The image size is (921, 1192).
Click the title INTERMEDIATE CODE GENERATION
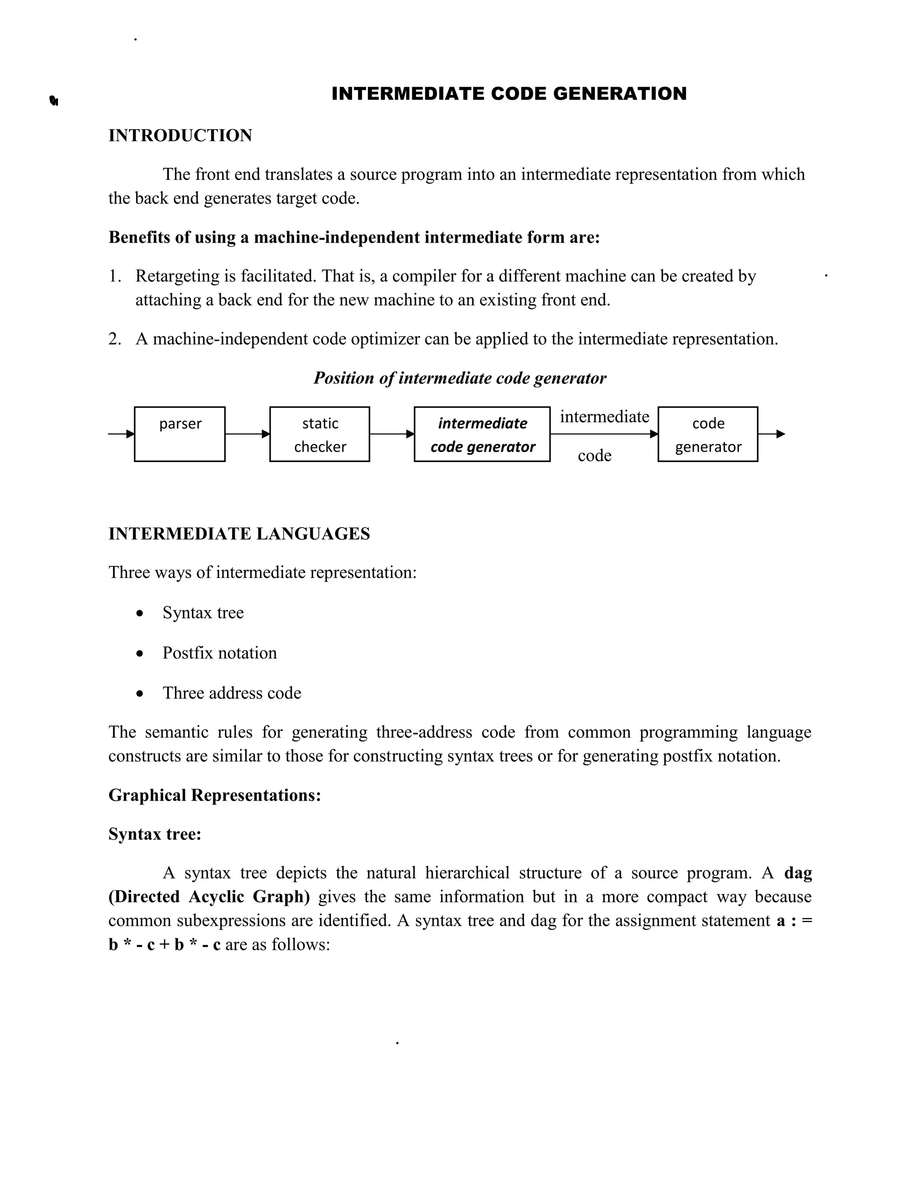[509, 94]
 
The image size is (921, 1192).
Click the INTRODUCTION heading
[180, 135]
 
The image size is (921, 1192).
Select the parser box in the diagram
[179, 434]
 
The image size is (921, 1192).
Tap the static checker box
[320, 434]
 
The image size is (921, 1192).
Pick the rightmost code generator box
[708, 434]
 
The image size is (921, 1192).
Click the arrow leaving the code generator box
[772, 434]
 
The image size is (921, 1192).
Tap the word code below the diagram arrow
[594, 455]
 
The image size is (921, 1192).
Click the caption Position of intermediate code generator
[460, 378]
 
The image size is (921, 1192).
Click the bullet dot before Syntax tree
[140, 614]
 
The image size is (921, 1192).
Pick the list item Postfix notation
[219, 653]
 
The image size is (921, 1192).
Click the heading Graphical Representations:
[215, 795]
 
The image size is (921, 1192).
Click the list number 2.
[114, 339]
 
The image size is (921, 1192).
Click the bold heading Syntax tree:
[154, 834]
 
